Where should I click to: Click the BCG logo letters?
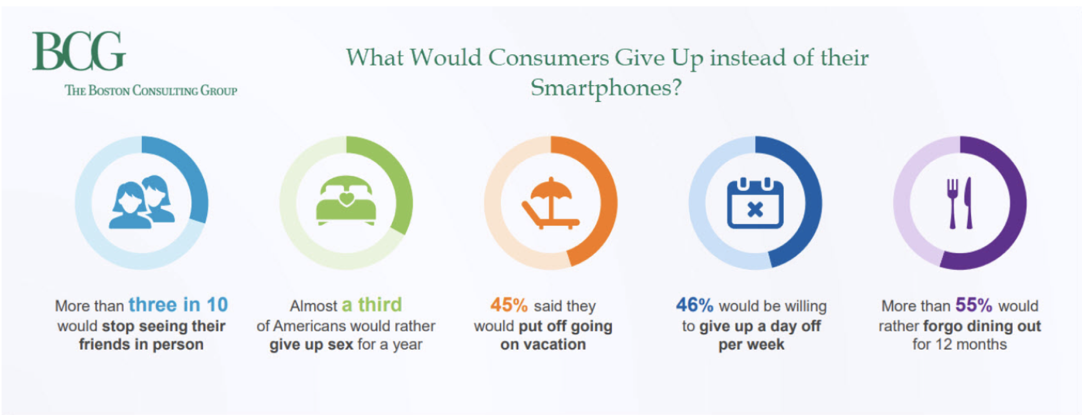click(79, 51)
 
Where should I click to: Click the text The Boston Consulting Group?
click(151, 90)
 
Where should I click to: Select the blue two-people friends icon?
click(142, 202)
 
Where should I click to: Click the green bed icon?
click(346, 201)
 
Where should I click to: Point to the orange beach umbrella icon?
click(551, 203)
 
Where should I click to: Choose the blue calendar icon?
click(755, 203)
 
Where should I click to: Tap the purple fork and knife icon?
click(960, 203)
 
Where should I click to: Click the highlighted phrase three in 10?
click(178, 305)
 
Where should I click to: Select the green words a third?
click(372, 305)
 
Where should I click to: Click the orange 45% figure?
click(509, 305)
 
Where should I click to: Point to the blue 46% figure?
click(694, 305)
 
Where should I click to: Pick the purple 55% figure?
click(974, 305)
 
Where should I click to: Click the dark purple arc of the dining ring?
click(1018, 203)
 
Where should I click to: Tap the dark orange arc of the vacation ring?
click(609, 203)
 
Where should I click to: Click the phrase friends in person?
click(141, 344)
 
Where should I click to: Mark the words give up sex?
click(312, 345)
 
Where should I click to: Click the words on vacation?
click(543, 344)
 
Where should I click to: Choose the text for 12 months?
click(960, 344)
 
